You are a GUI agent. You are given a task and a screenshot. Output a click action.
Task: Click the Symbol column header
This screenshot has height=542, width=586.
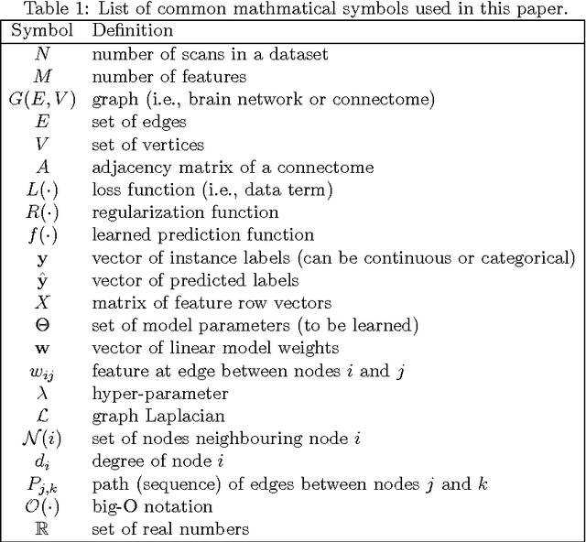42,30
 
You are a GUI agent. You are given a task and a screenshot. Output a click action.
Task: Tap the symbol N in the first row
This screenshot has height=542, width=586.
42,54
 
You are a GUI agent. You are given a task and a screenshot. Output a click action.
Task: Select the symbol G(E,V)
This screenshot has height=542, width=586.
42,100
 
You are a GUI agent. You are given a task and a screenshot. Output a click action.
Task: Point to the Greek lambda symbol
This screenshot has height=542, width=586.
42,393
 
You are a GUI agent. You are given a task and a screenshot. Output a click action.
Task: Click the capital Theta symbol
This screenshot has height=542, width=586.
42,325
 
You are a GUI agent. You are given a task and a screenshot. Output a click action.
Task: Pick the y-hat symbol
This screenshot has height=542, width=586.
42,279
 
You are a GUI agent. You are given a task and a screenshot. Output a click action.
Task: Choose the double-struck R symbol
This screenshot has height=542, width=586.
42,528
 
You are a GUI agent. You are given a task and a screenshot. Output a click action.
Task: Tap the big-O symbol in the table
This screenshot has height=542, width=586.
42,505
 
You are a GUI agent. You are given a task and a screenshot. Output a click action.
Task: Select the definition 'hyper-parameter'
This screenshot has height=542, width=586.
147,393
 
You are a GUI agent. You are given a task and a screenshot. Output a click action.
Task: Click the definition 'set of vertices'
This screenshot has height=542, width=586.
147,145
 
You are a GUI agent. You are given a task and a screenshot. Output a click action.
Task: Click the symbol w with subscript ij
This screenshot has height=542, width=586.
42,372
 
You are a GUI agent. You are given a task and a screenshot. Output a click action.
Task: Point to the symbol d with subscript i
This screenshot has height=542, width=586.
42,461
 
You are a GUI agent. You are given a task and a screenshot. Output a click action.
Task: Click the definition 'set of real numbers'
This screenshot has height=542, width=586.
170,528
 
